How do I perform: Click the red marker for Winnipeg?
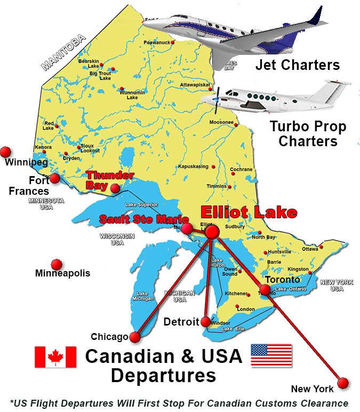[6, 152]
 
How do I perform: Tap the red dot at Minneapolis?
[56, 264]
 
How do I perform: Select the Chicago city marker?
[134, 337]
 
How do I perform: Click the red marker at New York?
[342, 383]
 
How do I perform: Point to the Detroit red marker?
[206, 321]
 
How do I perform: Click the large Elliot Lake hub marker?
[212, 232]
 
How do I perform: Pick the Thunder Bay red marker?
[115, 188]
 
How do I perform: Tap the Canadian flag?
[55, 356]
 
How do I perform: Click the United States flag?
[271, 355]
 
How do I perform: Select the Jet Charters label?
[297, 65]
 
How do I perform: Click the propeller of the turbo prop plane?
[217, 99]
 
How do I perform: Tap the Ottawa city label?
[310, 249]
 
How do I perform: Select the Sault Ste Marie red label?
[143, 219]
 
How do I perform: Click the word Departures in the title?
[163, 375]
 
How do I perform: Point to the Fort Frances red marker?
[54, 178]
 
